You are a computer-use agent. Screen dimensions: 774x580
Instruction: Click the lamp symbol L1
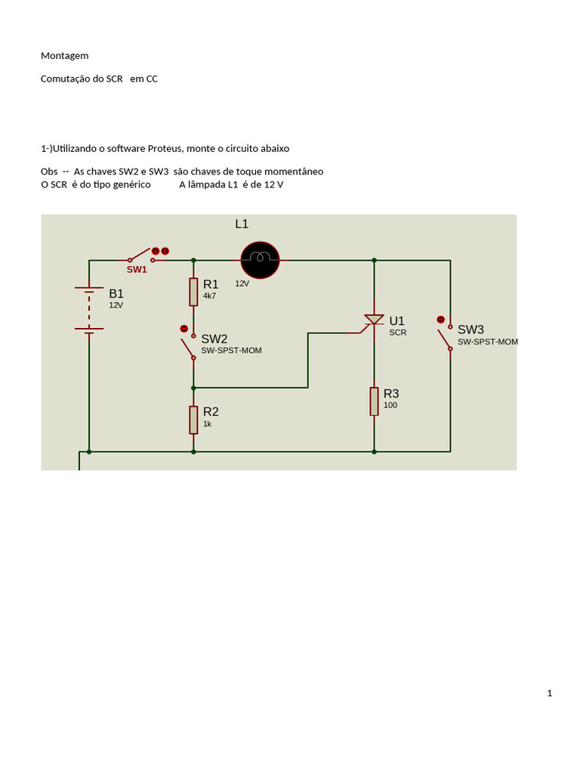(261, 259)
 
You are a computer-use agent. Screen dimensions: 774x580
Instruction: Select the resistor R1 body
(193, 292)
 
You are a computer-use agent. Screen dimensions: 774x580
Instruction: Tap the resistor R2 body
(193, 420)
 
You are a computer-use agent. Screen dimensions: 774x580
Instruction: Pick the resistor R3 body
(374, 401)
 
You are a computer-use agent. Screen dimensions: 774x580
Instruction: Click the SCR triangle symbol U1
(374, 320)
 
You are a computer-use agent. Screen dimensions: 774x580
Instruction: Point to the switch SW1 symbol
(140, 255)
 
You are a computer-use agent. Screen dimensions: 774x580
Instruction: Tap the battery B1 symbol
(89, 308)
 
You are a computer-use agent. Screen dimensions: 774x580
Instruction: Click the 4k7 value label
(209, 296)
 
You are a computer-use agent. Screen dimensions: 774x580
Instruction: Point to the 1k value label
(207, 424)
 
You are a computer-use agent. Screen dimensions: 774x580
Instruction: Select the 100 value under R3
(390, 405)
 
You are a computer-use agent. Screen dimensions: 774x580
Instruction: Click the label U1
(396, 321)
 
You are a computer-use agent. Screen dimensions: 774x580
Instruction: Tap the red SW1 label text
(137, 270)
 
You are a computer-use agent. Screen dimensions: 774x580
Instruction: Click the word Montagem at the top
(64, 56)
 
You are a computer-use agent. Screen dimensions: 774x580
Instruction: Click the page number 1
(550, 693)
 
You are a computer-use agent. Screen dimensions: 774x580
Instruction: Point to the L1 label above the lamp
(242, 224)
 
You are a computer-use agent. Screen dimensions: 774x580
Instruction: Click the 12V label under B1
(116, 305)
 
